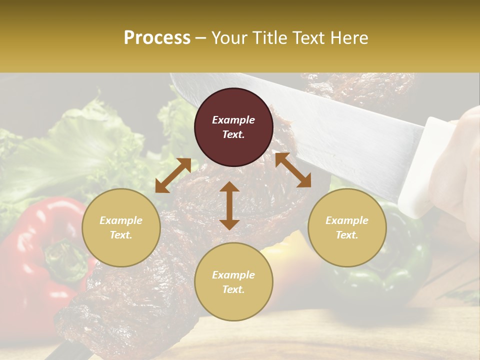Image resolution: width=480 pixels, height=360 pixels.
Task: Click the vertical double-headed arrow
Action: [x=229, y=205]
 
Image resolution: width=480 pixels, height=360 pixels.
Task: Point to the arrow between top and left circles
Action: [x=173, y=175]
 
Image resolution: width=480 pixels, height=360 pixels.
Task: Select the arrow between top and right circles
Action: [x=293, y=170]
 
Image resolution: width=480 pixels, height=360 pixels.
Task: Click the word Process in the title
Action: [x=157, y=37]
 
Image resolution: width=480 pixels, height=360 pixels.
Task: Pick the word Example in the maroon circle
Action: [x=233, y=120]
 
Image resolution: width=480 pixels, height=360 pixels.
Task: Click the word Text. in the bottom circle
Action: [x=233, y=289]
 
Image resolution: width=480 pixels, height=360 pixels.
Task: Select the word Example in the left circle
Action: [x=121, y=220]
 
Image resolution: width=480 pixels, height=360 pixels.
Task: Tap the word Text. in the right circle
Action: [x=347, y=235]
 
